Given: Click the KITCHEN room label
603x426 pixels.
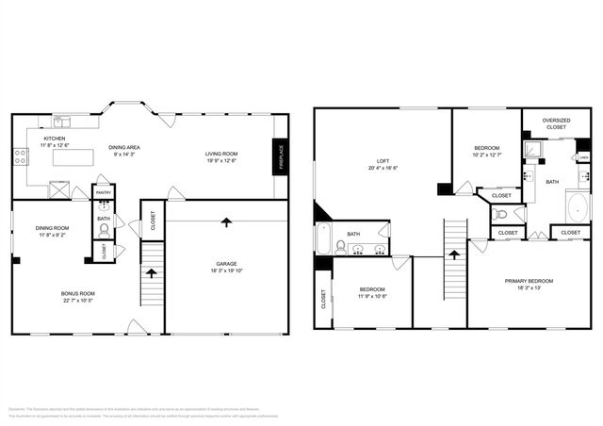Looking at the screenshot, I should (x=54, y=139).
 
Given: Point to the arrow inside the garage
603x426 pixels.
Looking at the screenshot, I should (x=226, y=222).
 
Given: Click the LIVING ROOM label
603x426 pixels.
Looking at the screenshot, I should (x=222, y=154).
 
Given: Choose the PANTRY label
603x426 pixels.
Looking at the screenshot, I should (x=104, y=192).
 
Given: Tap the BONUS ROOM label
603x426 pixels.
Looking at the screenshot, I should (x=78, y=293).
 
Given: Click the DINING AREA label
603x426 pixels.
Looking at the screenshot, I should (x=124, y=147).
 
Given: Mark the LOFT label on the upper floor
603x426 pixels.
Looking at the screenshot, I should (x=383, y=161).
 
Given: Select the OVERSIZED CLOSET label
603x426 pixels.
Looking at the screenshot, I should (x=557, y=123).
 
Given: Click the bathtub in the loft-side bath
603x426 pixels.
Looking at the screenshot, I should (x=322, y=240).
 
